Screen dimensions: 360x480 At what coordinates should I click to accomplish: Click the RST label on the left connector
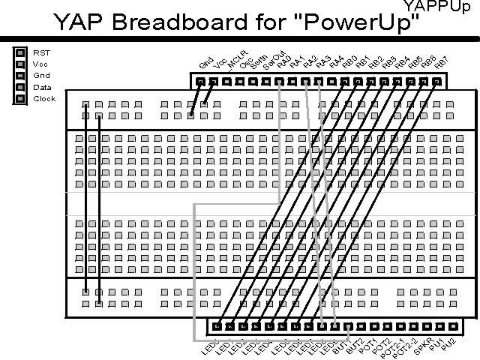pos(40,53)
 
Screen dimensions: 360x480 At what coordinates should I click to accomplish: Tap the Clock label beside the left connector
pos(44,98)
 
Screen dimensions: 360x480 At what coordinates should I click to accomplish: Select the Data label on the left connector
pos(42,87)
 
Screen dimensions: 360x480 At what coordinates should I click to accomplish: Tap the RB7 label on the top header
pos(441,61)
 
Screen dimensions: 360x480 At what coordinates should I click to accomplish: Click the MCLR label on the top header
pos(234,61)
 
